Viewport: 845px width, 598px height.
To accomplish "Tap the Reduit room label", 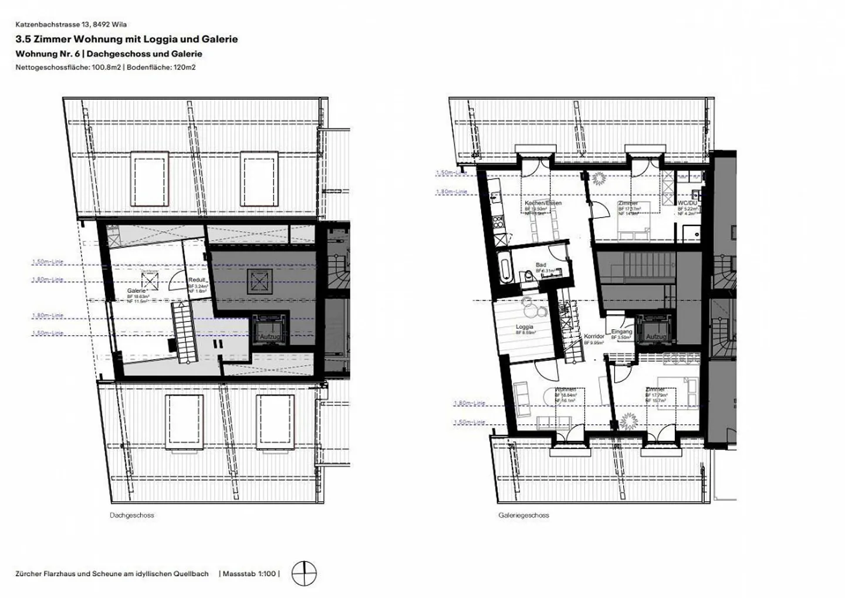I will pyautogui.click(x=197, y=280).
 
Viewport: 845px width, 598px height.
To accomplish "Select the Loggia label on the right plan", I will pyautogui.click(x=524, y=327).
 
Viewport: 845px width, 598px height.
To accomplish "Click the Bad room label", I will pyautogui.click(x=540, y=265).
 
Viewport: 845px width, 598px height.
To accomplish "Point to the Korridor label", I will pyautogui.click(x=594, y=337).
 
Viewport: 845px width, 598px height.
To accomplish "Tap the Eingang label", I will pyautogui.click(x=621, y=332).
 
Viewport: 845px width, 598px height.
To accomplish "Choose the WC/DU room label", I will pyautogui.click(x=687, y=203).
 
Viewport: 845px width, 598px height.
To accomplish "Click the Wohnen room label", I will pyautogui.click(x=565, y=390).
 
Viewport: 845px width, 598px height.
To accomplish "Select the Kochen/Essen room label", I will pyautogui.click(x=543, y=203).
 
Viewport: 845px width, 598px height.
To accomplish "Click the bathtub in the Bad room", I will pyautogui.click(x=503, y=268).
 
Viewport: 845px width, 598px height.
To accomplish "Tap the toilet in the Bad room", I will pyautogui.click(x=528, y=276).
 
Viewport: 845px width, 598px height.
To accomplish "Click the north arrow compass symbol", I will pyautogui.click(x=304, y=573).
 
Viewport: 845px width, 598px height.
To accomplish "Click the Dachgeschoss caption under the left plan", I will pyautogui.click(x=131, y=515).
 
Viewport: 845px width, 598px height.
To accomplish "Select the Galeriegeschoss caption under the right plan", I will pyautogui.click(x=523, y=515).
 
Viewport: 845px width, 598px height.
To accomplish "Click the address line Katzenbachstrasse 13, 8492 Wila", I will pyautogui.click(x=71, y=25).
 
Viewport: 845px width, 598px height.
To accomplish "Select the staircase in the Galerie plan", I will pyautogui.click(x=184, y=333).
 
